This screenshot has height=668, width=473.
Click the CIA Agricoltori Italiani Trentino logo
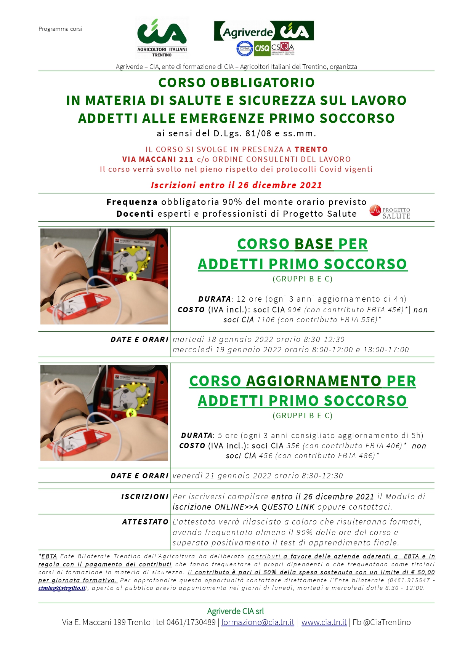pos(162,37)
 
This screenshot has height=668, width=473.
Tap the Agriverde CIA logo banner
pos(264,31)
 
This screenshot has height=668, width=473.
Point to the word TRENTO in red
pos(311,149)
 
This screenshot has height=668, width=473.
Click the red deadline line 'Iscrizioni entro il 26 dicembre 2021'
pos(236,185)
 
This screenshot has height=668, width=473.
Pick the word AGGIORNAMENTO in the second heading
pos(314,381)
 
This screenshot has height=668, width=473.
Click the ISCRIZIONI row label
pos(145,497)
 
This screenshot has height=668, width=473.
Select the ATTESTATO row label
pos(145,522)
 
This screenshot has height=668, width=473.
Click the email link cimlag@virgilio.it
pos(62,588)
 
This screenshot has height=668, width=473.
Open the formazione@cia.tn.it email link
pos(258,622)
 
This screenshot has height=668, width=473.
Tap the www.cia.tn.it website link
pos(324,622)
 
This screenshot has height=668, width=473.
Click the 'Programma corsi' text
pos(60,29)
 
